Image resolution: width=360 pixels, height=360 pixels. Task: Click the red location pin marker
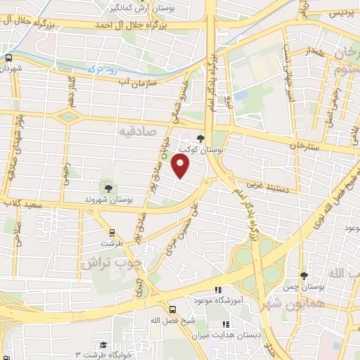click(181, 166)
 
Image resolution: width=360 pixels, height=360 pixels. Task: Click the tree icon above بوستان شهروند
click(108, 188)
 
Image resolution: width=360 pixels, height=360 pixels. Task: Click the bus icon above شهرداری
click(9, 59)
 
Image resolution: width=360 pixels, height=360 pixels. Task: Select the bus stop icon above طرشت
click(111, 233)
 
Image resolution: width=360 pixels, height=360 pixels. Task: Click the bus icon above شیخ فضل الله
click(173, 309)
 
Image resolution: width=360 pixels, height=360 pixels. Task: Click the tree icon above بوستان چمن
click(304, 276)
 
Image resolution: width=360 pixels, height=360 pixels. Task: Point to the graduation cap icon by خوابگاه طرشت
click(103, 345)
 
